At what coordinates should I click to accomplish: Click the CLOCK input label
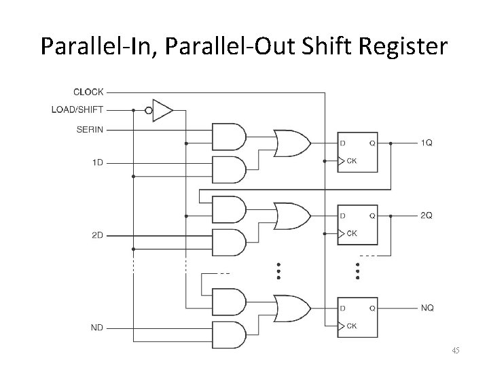point(88,92)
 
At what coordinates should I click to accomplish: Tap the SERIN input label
point(90,128)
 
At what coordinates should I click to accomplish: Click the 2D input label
point(96,235)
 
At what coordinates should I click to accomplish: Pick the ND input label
point(96,327)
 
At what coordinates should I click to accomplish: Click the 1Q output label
point(427,143)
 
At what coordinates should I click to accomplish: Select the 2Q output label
point(427,215)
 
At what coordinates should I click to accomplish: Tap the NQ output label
point(427,308)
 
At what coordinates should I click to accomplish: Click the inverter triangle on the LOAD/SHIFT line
point(162,110)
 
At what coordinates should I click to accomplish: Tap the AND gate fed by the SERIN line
point(229,136)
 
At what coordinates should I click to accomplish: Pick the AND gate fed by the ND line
point(229,334)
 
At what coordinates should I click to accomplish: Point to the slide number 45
point(456,351)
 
